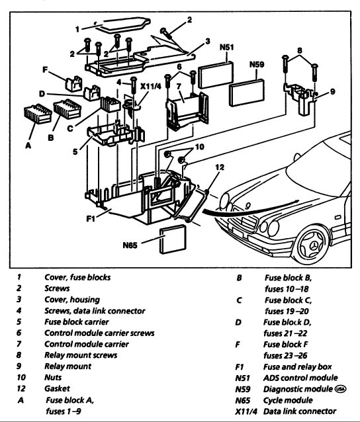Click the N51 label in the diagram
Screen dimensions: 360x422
227,48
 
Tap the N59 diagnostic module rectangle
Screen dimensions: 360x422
247,93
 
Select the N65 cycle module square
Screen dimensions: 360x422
173,239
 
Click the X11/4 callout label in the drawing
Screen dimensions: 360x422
150,86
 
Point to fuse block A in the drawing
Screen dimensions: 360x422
38,114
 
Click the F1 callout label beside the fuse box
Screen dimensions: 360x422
91,218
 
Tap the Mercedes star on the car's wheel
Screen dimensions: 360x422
313,246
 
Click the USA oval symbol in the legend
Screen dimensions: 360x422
340,389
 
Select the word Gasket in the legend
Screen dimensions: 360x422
57,388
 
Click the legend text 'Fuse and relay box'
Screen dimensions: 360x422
297,366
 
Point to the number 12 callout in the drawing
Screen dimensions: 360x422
220,167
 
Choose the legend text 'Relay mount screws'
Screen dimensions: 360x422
81,355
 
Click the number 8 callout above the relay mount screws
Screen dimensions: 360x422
300,50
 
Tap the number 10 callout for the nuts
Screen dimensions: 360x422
199,147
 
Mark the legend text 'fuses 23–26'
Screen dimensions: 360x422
285,355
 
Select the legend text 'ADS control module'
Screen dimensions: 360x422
300,378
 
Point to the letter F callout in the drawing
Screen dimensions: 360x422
45,69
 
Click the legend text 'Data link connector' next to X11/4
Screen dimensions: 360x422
300,411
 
